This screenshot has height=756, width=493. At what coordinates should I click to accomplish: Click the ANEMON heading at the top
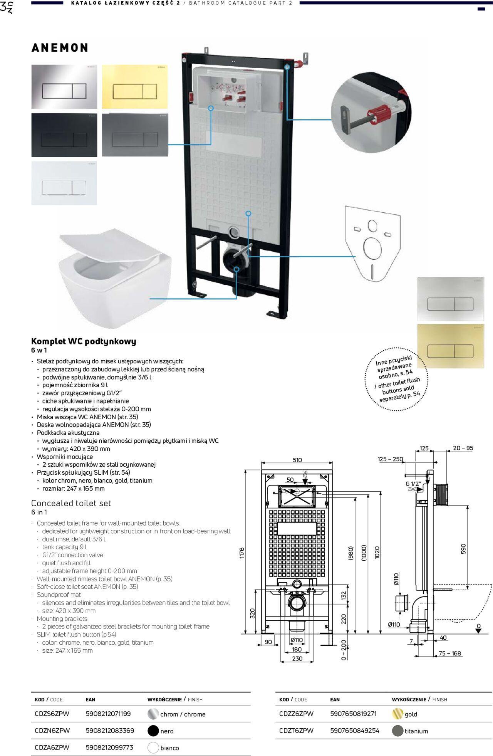tap(60, 48)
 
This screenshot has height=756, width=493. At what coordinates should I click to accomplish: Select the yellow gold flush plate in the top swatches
tap(135, 87)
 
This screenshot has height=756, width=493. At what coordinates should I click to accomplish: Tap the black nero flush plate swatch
tap(64, 135)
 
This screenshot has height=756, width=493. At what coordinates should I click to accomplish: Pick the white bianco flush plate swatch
tap(64, 183)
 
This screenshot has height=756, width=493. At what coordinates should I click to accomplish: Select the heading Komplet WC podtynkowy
tap(84, 341)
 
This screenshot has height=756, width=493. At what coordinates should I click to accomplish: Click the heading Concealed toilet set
tap(71, 503)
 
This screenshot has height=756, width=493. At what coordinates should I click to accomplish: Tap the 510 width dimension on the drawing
tap(297, 460)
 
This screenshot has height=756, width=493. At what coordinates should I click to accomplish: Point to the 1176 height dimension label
tap(242, 553)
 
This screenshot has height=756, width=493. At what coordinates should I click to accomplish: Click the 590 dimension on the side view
tap(463, 549)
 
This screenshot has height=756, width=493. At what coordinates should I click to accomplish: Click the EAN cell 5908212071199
tap(108, 714)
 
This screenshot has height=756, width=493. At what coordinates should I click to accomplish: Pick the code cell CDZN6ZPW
tap(52, 731)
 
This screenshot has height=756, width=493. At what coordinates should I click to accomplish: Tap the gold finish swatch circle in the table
tap(397, 714)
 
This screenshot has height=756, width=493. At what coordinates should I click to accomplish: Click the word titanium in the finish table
tap(416, 731)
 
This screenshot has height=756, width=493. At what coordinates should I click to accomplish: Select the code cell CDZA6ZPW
tap(52, 748)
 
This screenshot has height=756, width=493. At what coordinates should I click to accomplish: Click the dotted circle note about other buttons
tap(397, 380)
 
